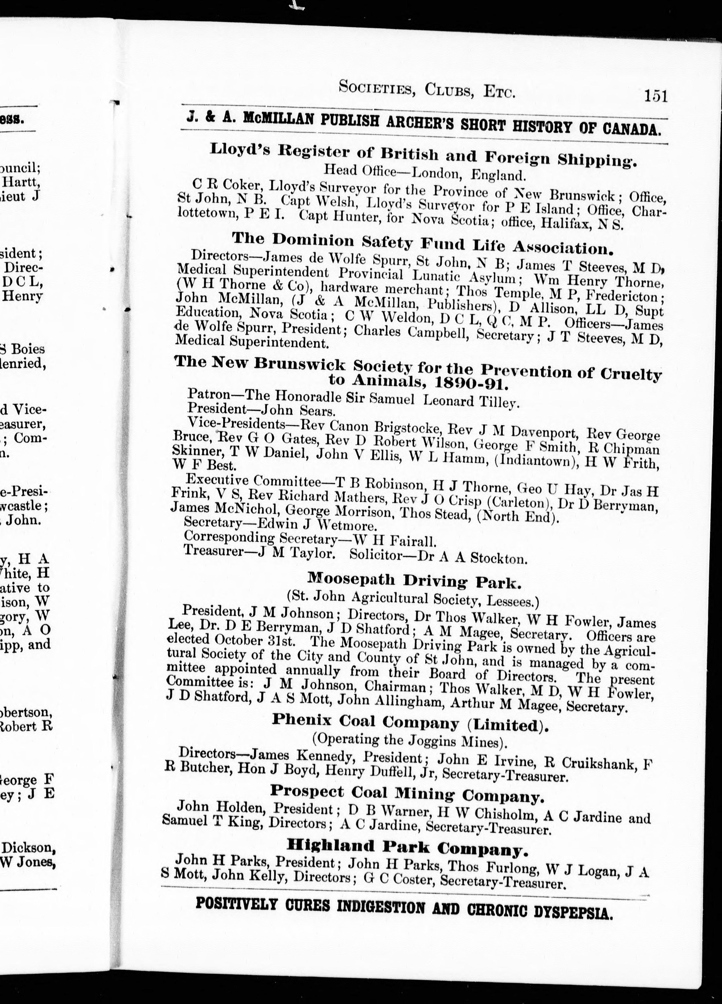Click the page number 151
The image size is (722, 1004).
point(655,96)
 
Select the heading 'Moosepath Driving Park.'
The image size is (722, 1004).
point(414,580)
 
